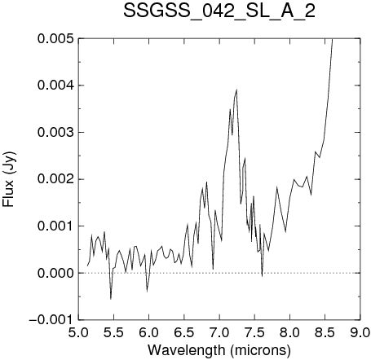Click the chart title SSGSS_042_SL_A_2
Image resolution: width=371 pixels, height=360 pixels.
[219, 11]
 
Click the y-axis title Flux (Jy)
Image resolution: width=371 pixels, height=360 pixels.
[8, 179]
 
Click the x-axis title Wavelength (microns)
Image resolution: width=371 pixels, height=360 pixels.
[219, 350]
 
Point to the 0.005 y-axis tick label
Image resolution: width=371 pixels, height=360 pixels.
[55, 38]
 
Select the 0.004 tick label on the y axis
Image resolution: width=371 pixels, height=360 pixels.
[55, 86]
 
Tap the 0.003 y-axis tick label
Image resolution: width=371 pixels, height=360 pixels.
[55, 133]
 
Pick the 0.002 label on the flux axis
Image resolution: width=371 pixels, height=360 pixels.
[55, 179]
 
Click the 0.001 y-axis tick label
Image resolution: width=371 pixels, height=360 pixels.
[55, 226]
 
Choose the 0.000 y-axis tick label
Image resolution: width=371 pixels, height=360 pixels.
[55, 273]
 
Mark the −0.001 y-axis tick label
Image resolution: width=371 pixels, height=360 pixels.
[51, 320]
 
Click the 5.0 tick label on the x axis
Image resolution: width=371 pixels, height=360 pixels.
[78, 332]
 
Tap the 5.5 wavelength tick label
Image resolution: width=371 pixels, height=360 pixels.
[113, 332]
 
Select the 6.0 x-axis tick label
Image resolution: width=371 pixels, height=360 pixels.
[148, 332]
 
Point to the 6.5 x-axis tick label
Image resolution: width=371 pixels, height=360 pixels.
[184, 332]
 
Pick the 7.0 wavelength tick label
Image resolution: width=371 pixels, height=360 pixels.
[219, 332]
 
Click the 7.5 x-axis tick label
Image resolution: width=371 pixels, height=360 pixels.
[254, 332]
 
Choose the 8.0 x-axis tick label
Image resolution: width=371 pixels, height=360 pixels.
[290, 332]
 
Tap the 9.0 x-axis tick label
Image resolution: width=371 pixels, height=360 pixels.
[360, 332]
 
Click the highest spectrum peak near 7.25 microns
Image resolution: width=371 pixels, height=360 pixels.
[236, 90]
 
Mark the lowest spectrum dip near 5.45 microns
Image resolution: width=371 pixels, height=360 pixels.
[111, 299]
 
